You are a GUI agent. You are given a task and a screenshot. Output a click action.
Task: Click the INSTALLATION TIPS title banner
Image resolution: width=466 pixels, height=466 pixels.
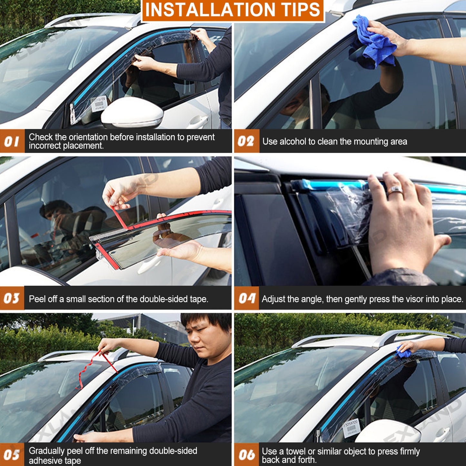coord(233,10)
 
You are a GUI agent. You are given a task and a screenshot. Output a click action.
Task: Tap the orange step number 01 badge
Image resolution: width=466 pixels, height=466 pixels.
coord(12,141)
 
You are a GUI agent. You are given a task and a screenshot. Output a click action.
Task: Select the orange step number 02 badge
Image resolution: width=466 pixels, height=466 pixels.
coord(246,141)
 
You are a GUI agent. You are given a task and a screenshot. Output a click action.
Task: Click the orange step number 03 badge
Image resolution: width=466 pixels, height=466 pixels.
coord(12,298)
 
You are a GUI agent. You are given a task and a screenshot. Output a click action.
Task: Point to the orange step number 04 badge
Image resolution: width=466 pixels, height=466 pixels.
coord(246,298)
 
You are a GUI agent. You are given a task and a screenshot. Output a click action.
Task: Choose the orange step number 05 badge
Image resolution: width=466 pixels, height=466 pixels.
coord(12,455)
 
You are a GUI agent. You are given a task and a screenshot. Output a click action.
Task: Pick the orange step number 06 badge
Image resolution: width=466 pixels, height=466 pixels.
coord(246,455)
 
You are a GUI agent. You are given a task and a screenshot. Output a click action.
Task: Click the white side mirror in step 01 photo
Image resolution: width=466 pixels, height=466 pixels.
coord(133,113)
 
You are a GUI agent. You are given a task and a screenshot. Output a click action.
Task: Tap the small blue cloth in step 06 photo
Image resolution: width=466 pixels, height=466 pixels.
coord(403,352)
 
